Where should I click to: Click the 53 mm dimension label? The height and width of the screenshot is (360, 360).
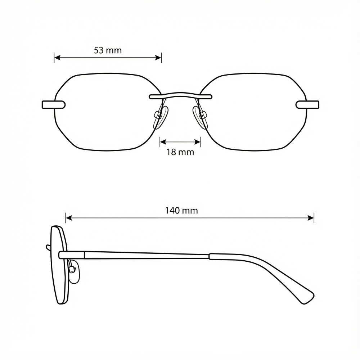point(108,50)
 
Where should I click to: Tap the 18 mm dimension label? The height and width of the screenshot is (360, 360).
point(180,152)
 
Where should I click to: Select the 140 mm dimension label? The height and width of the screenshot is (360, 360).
point(181,210)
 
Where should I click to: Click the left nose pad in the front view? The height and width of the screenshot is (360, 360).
point(161,117)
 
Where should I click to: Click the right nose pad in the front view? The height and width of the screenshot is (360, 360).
point(200,117)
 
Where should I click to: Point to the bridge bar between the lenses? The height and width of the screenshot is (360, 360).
point(180,95)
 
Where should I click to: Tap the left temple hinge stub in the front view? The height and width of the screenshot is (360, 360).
point(54,105)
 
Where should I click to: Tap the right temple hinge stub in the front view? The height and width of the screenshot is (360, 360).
point(307,105)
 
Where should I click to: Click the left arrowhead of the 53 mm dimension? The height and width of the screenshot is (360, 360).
point(57,57)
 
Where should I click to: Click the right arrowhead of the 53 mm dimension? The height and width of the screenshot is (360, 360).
point(158,57)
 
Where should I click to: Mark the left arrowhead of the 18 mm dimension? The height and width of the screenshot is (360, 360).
point(163,142)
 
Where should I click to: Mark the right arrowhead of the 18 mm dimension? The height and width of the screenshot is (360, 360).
point(198,142)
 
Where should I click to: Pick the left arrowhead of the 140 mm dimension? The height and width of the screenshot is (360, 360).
point(69,218)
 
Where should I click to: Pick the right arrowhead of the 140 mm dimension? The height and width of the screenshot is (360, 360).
point(311,218)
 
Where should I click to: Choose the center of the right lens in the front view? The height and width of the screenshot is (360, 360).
point(253,112)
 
